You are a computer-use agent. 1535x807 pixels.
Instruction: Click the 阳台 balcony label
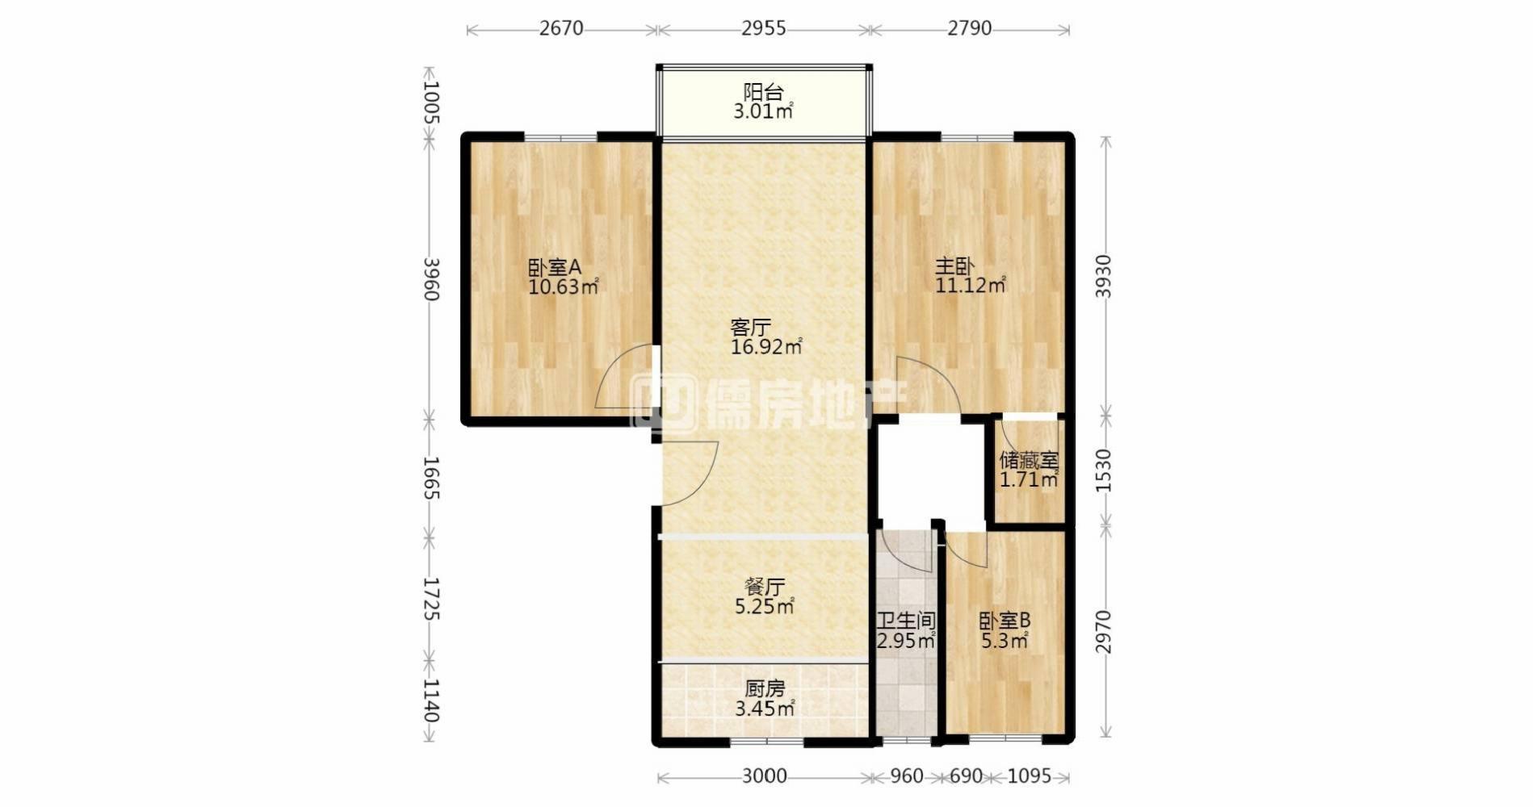pos(763,91)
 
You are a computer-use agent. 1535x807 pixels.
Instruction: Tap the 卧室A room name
pos(555,267)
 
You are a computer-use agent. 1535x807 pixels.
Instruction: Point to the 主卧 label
pos(955,266)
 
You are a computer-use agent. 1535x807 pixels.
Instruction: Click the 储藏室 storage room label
pos(1029,461)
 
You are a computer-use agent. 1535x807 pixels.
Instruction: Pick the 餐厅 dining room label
pos(765,587)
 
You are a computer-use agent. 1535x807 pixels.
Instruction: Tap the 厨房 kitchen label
pos(765,689)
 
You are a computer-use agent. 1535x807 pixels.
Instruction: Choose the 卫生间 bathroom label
pos(907,621)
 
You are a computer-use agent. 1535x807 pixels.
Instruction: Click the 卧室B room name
pos(1004,621)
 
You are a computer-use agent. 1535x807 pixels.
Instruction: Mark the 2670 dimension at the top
pos(561,28)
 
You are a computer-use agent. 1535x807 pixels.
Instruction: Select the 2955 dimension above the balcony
pos(764,28)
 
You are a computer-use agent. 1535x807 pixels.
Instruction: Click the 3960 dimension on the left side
pos(430,279)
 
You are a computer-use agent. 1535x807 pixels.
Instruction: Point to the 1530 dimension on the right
pos(1104,471)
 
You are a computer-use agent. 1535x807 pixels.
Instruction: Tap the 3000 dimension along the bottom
pos(765,776)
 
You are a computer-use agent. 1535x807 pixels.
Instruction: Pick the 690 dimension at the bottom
pos(966,776)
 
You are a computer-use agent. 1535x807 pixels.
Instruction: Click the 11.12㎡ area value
pos(971,286)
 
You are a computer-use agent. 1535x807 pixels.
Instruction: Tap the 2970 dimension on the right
pos(1104,633)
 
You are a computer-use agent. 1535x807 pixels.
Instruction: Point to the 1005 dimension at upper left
pos(430,102)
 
